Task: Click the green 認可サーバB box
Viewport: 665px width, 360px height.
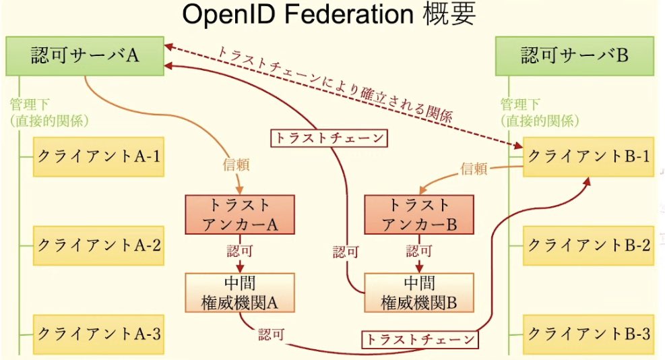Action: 575,55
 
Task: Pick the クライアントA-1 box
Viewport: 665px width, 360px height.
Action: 98,156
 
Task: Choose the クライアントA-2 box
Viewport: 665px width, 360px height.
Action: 98,243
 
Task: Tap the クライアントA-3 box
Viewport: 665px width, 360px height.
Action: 98,332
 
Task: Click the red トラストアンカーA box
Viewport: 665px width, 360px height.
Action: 240,214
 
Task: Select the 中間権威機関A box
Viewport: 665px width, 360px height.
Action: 240,293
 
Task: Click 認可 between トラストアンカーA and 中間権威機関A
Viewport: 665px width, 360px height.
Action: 240,252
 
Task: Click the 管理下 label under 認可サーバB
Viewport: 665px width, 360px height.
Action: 519,104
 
